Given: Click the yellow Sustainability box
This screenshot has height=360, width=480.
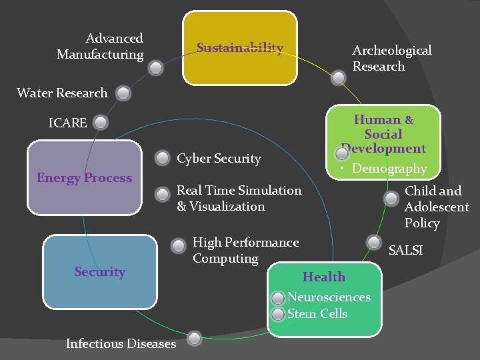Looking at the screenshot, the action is [x=240, y=48].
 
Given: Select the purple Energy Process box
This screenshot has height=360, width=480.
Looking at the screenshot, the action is [x=85, y=178].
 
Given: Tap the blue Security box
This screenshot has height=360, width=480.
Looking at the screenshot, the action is [x=99, y=271].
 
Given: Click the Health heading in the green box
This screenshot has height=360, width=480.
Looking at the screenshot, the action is [x=324, y=277].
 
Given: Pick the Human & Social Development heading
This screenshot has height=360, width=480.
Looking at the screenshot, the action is [x=383, y=134].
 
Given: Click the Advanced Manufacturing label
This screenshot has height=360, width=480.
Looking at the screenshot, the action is [x=101, y=47].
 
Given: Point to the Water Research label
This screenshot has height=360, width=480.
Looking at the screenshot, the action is [x=62, y=93].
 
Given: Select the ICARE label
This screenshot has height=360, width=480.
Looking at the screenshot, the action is [x=67, y=123].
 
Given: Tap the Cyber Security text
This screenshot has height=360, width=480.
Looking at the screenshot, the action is [x=219, y=159].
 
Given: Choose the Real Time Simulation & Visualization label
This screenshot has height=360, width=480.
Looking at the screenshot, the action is [x=239, y=199].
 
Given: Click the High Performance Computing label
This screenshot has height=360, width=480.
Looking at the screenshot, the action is [x=245, y=250].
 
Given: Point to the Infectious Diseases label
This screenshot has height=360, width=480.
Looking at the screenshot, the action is [x=121, y=344].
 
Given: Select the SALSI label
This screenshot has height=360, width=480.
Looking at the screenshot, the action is [x=406, y=251].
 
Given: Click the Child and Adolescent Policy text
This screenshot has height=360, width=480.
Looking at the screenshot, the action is [x=437, y=207].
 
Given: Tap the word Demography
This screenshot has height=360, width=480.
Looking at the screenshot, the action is [x=389, y=169].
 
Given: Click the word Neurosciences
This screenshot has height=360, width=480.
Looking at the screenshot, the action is [x=329, y=297].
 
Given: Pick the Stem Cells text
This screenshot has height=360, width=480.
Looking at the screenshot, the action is [x=317, y=313].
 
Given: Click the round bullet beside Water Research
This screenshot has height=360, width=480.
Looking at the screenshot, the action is [x=123, y=93].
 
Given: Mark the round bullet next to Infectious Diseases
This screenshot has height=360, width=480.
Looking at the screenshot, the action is [x=194, y=339].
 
